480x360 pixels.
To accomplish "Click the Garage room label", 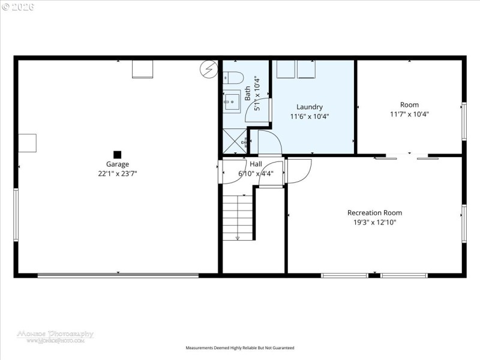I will [118, 164].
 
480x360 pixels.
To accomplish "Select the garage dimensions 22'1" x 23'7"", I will [118, 173].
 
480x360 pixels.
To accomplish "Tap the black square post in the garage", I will [118, 154].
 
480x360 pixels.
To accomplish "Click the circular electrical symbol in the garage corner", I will [208, 69].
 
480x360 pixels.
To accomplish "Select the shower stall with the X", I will [235, 142].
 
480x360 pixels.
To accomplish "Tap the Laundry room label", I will [310, 107].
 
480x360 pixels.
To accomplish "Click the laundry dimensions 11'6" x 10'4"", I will [310, 116].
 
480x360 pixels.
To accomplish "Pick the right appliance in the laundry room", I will [307, 69].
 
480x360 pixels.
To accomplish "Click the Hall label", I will [256, 164].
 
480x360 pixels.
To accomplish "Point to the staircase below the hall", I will [238, 217].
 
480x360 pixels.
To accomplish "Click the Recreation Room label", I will [374, 212].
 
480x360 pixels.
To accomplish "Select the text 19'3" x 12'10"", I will [374, 222].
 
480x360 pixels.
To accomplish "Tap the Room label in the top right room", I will [409, 104].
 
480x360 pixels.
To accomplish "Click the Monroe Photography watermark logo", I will [55, 336].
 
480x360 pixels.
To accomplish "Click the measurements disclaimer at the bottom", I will [240, 348].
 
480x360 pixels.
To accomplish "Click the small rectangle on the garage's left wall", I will [27, 143].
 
